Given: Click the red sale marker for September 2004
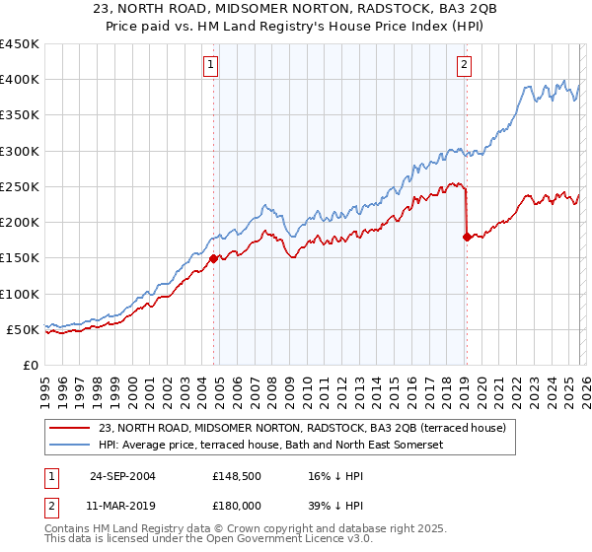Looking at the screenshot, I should [214, 259].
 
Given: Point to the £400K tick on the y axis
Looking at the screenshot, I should [20, 80].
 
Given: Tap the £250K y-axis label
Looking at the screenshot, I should [20, 186].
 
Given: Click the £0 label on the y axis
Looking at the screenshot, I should [30, 365].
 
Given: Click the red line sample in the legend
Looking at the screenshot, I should [70, 428].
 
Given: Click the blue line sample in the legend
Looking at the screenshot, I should [70, 446].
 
